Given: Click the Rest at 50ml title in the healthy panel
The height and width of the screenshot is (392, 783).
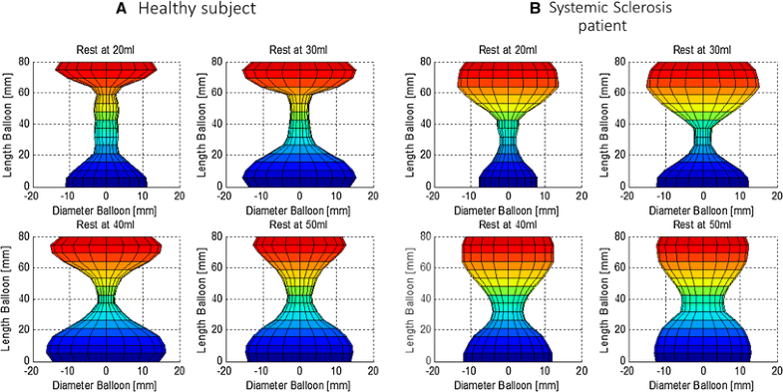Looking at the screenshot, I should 300,225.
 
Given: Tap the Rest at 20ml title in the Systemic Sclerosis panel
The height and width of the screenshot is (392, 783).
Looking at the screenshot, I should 508,50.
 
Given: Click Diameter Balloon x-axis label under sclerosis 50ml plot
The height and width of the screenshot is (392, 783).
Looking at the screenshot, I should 703,384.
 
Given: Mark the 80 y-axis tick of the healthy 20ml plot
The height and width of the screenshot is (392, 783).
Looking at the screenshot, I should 25,62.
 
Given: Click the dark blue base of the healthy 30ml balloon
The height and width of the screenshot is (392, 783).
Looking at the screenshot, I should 300,176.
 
